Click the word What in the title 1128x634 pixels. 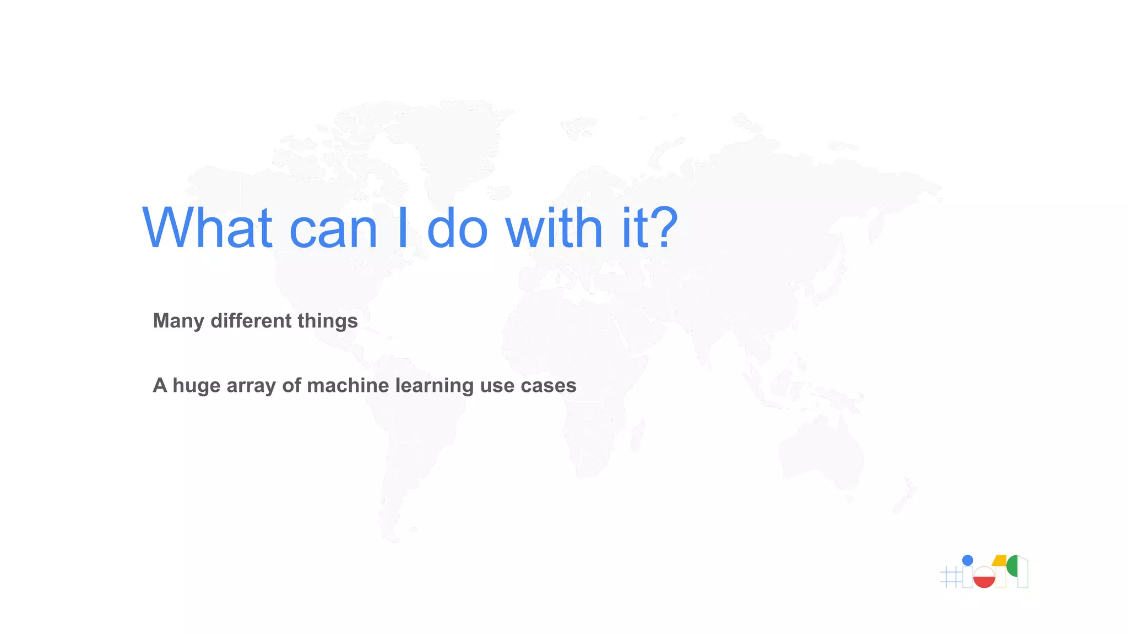click(207, 228)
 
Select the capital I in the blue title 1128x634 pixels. click(402, 228)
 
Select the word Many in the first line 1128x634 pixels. click(178, 321)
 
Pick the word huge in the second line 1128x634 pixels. click(196, 386)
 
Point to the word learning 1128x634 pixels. click(434, 386)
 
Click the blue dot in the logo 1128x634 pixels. click(967, 560)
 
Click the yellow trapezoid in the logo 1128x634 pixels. click(1000, 561)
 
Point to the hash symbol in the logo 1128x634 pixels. click(950, 577)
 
